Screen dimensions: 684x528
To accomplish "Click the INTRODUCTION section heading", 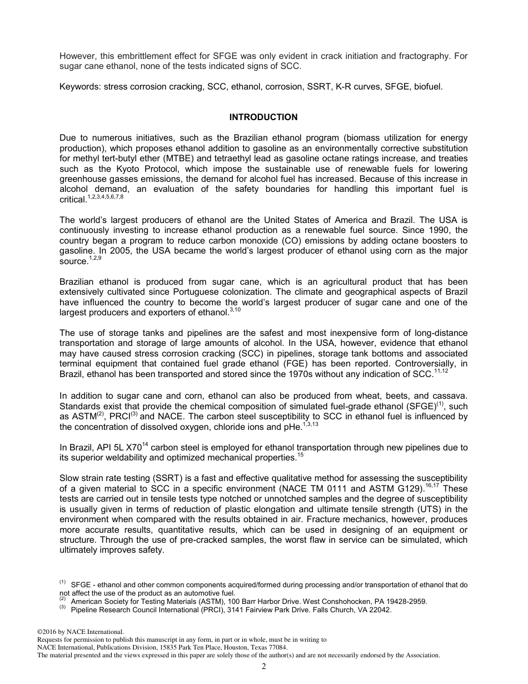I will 263,117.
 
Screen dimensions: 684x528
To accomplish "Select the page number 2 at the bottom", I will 264,667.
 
